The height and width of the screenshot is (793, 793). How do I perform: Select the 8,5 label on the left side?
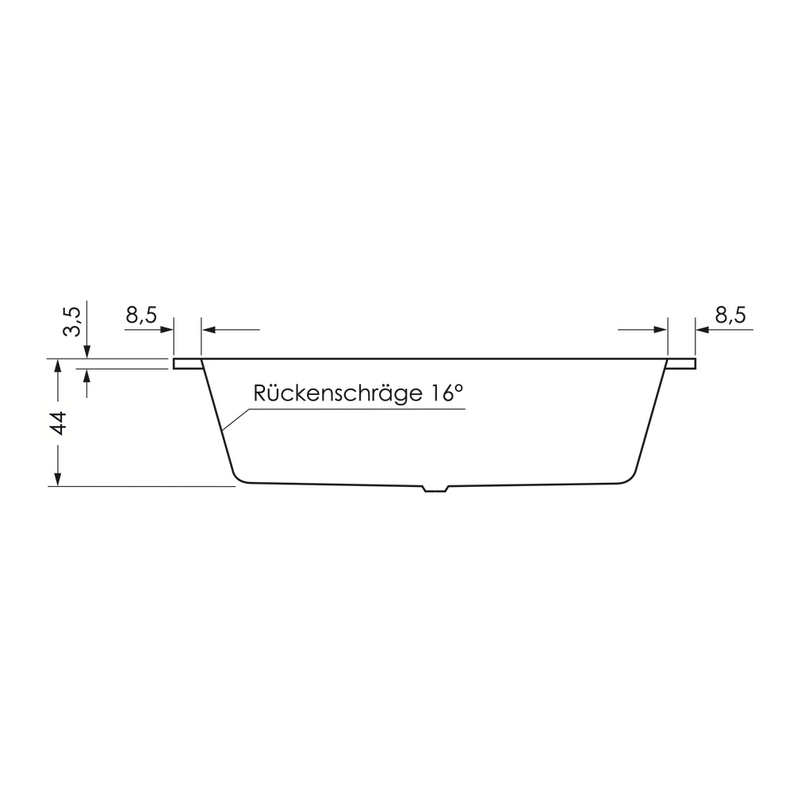click(x=140, y=315)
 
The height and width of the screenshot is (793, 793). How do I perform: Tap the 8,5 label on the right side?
click(x=730, y=315)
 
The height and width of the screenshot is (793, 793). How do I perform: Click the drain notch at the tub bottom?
click(x=435, y=488)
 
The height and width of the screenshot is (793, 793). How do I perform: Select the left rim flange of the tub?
click(x=187, y=363)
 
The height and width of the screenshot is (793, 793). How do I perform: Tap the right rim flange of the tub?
click(x=681, y=363)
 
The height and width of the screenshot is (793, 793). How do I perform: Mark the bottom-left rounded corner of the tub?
click(x=236, y=476)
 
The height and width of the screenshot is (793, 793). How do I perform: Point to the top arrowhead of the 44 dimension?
click(x=57, y=367)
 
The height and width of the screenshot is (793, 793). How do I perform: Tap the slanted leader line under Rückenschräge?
click(x=237, y=420)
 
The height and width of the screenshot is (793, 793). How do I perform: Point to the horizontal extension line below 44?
click(x=143, y=486)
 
